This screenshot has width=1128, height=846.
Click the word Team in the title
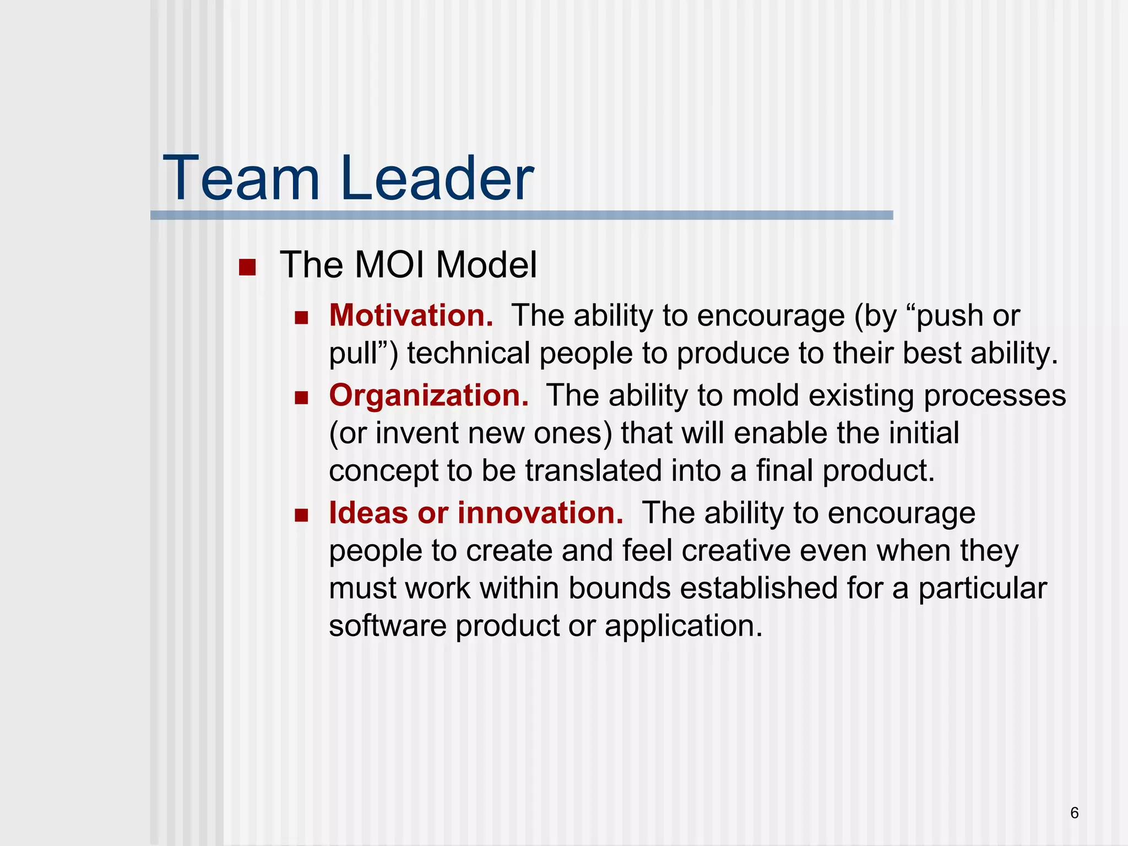(x=241, y=178)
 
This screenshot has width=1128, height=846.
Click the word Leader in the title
(x=437, y=178)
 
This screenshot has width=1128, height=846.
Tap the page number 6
(x=1074, y=813)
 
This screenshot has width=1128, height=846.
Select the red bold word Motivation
(x=411, y=316)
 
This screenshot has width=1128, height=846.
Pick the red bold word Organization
(x=429, y=395)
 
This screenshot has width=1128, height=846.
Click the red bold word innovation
(x=541, y=513)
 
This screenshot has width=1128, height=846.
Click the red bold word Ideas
(x=368, y=513)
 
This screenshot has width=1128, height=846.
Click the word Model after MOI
(x=486, y=265)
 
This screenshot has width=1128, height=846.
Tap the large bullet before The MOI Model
(x=247, y=268)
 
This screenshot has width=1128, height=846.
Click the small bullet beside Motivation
(x=301, y=318)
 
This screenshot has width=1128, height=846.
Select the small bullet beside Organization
(x=301, y=398)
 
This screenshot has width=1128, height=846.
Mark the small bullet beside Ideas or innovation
(x=301, y=516)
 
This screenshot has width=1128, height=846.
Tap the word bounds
(x=619, y=588)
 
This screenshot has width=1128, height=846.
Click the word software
(x=387, y=626)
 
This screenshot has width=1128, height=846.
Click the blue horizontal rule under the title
(x=521, y=215)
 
